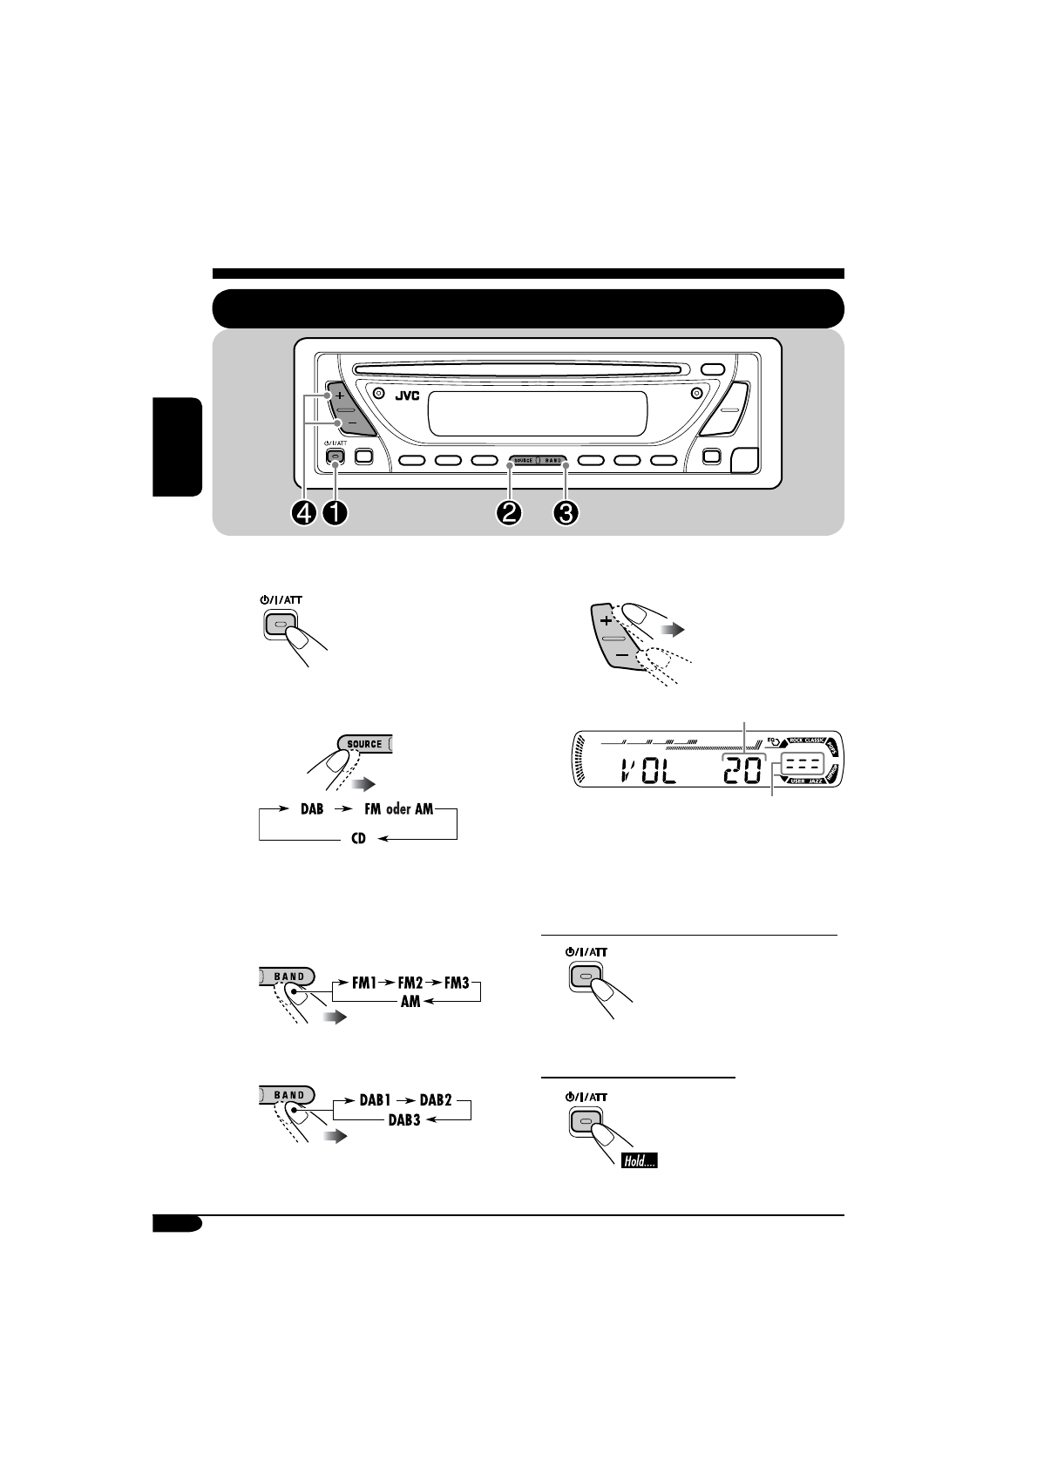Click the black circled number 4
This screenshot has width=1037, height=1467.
(304, 514)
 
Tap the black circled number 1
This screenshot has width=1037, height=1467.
(335, 514)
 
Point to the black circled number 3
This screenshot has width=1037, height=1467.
(566, 514)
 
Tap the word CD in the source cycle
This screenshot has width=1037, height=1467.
(358, 840)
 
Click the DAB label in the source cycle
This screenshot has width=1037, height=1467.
(311, 809)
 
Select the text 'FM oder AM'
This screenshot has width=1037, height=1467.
(399, 809)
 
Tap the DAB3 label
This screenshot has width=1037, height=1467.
(403, 1120)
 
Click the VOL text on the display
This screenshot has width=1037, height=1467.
(649, 772)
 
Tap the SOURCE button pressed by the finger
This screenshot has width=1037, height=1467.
(364, 744)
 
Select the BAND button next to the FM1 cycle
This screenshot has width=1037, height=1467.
(288, 977)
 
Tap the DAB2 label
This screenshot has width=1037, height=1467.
(436, 1101)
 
